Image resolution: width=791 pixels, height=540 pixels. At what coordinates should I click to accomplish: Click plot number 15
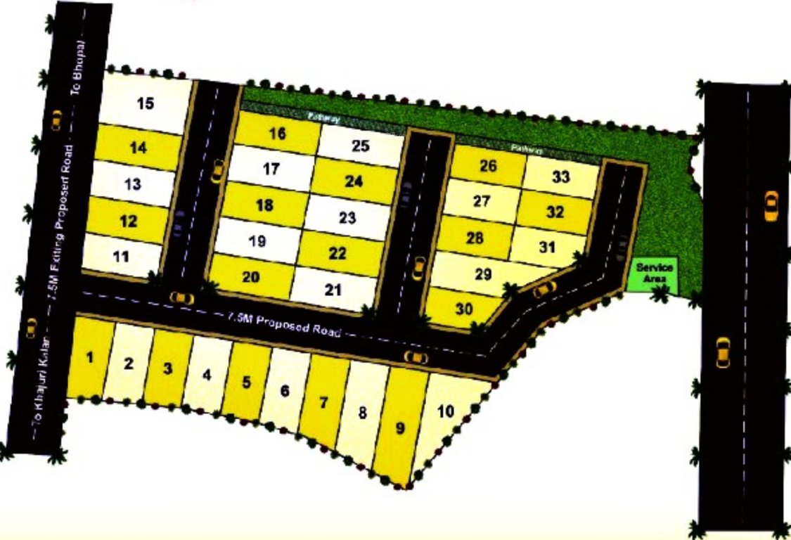[146, 104]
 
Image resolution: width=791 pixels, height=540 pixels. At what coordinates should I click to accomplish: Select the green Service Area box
[655, 273]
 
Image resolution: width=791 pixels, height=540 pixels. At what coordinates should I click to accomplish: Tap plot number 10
[445, 411]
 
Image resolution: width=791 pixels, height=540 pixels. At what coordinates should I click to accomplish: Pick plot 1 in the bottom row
[89, 358]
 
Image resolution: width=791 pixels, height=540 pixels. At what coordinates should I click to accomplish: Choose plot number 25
[360, 146]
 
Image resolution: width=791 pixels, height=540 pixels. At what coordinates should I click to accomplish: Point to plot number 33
[560, 177]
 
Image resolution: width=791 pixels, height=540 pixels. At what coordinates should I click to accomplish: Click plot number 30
[463, 309]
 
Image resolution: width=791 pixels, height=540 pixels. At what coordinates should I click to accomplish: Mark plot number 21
[333, 288]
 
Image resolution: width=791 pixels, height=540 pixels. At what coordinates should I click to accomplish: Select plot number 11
[122, 256]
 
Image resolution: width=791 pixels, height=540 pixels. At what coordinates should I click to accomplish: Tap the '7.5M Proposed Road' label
[283, 323]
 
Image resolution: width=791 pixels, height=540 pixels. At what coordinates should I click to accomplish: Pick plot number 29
[483, 274]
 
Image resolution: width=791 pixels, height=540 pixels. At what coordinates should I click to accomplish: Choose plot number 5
[246, 382]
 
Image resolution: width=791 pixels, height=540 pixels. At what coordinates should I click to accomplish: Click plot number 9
[401, 427]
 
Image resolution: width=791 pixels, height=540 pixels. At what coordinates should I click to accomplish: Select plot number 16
[278, 134]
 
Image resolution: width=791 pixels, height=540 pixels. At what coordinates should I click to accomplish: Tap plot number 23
[347, 217]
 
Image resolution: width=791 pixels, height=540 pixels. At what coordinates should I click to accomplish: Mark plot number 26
[488, 166]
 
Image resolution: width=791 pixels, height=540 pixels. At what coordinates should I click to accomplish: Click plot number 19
[257, 241]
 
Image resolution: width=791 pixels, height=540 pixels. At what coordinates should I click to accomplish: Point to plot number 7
[323, 403]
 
